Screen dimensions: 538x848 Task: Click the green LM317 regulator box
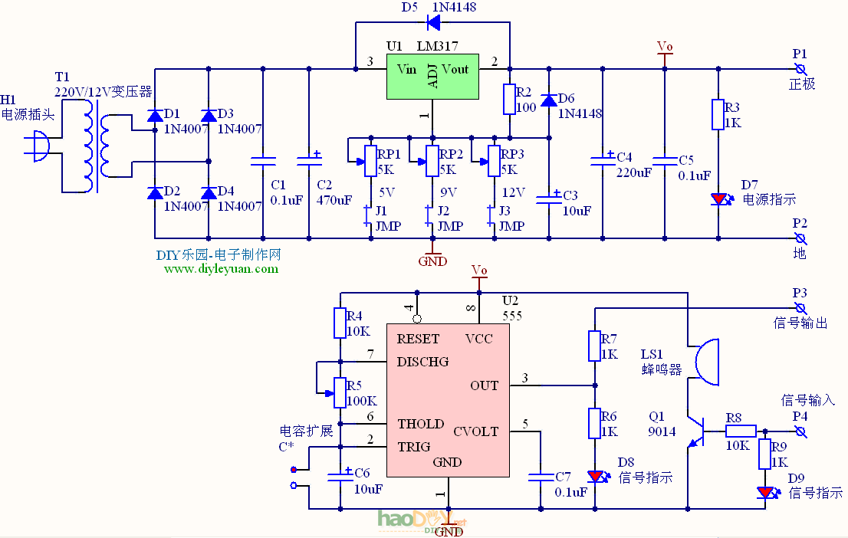click(432, 77)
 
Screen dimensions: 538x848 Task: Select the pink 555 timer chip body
click(447, 399)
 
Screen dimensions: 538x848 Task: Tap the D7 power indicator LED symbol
click(718, 198)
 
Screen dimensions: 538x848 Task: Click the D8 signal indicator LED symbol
click(595, 476)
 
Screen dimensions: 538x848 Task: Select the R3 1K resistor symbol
click(718, 114)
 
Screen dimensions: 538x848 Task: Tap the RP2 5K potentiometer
click(432, 161)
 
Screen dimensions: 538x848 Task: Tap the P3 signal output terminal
click(800, 307)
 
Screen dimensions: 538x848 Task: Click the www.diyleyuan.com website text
click(222, 268)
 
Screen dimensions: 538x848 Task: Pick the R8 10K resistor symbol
click(741, 431)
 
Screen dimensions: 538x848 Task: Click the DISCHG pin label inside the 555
click(422, 361)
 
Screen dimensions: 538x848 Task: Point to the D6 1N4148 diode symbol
click(548, 100)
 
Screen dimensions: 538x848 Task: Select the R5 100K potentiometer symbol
click(339, 392)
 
